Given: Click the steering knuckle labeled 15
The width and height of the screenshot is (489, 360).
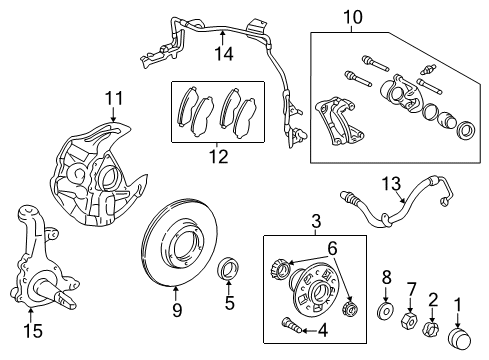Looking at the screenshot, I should click(37, 263).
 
